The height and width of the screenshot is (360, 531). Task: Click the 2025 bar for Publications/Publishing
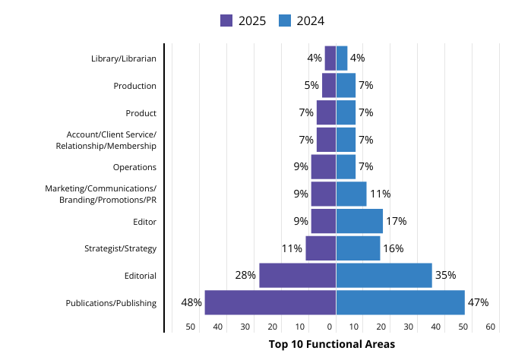(270, 302)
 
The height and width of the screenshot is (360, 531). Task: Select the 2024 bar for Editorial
(384, 275)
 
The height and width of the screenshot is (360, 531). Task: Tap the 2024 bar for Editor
(359, 221)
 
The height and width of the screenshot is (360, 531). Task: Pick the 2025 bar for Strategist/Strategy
(321, 248)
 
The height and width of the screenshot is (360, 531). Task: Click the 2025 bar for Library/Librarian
(330, 58)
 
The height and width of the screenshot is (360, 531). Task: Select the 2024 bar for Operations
(346, 166)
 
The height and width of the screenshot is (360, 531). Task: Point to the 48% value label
(191, 302)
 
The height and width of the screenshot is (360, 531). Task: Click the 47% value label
(478, 302)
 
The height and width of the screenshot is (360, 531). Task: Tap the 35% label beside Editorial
(445, 275)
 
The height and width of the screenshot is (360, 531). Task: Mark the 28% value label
(245, 275)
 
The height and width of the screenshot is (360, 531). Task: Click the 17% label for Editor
(396, 221)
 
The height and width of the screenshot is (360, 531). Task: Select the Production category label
(134, 86)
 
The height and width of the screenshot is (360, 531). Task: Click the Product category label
(141, 113)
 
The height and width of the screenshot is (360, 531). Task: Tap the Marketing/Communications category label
(100, 194)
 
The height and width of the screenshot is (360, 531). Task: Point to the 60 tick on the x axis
(491, 327)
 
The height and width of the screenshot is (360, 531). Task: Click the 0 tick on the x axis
(330, 327)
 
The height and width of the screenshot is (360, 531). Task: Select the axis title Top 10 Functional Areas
(332, 345)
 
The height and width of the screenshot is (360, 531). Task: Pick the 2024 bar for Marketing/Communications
(351, 194)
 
